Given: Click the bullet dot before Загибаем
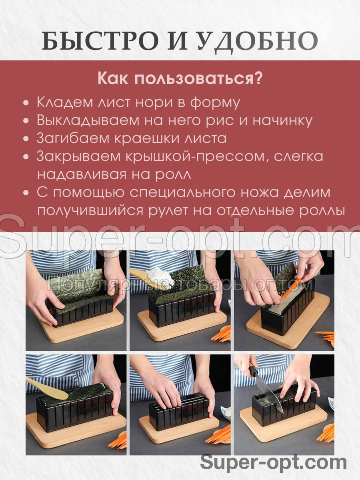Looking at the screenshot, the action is coord(26,139).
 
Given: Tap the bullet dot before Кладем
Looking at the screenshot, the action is coord(26,102).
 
